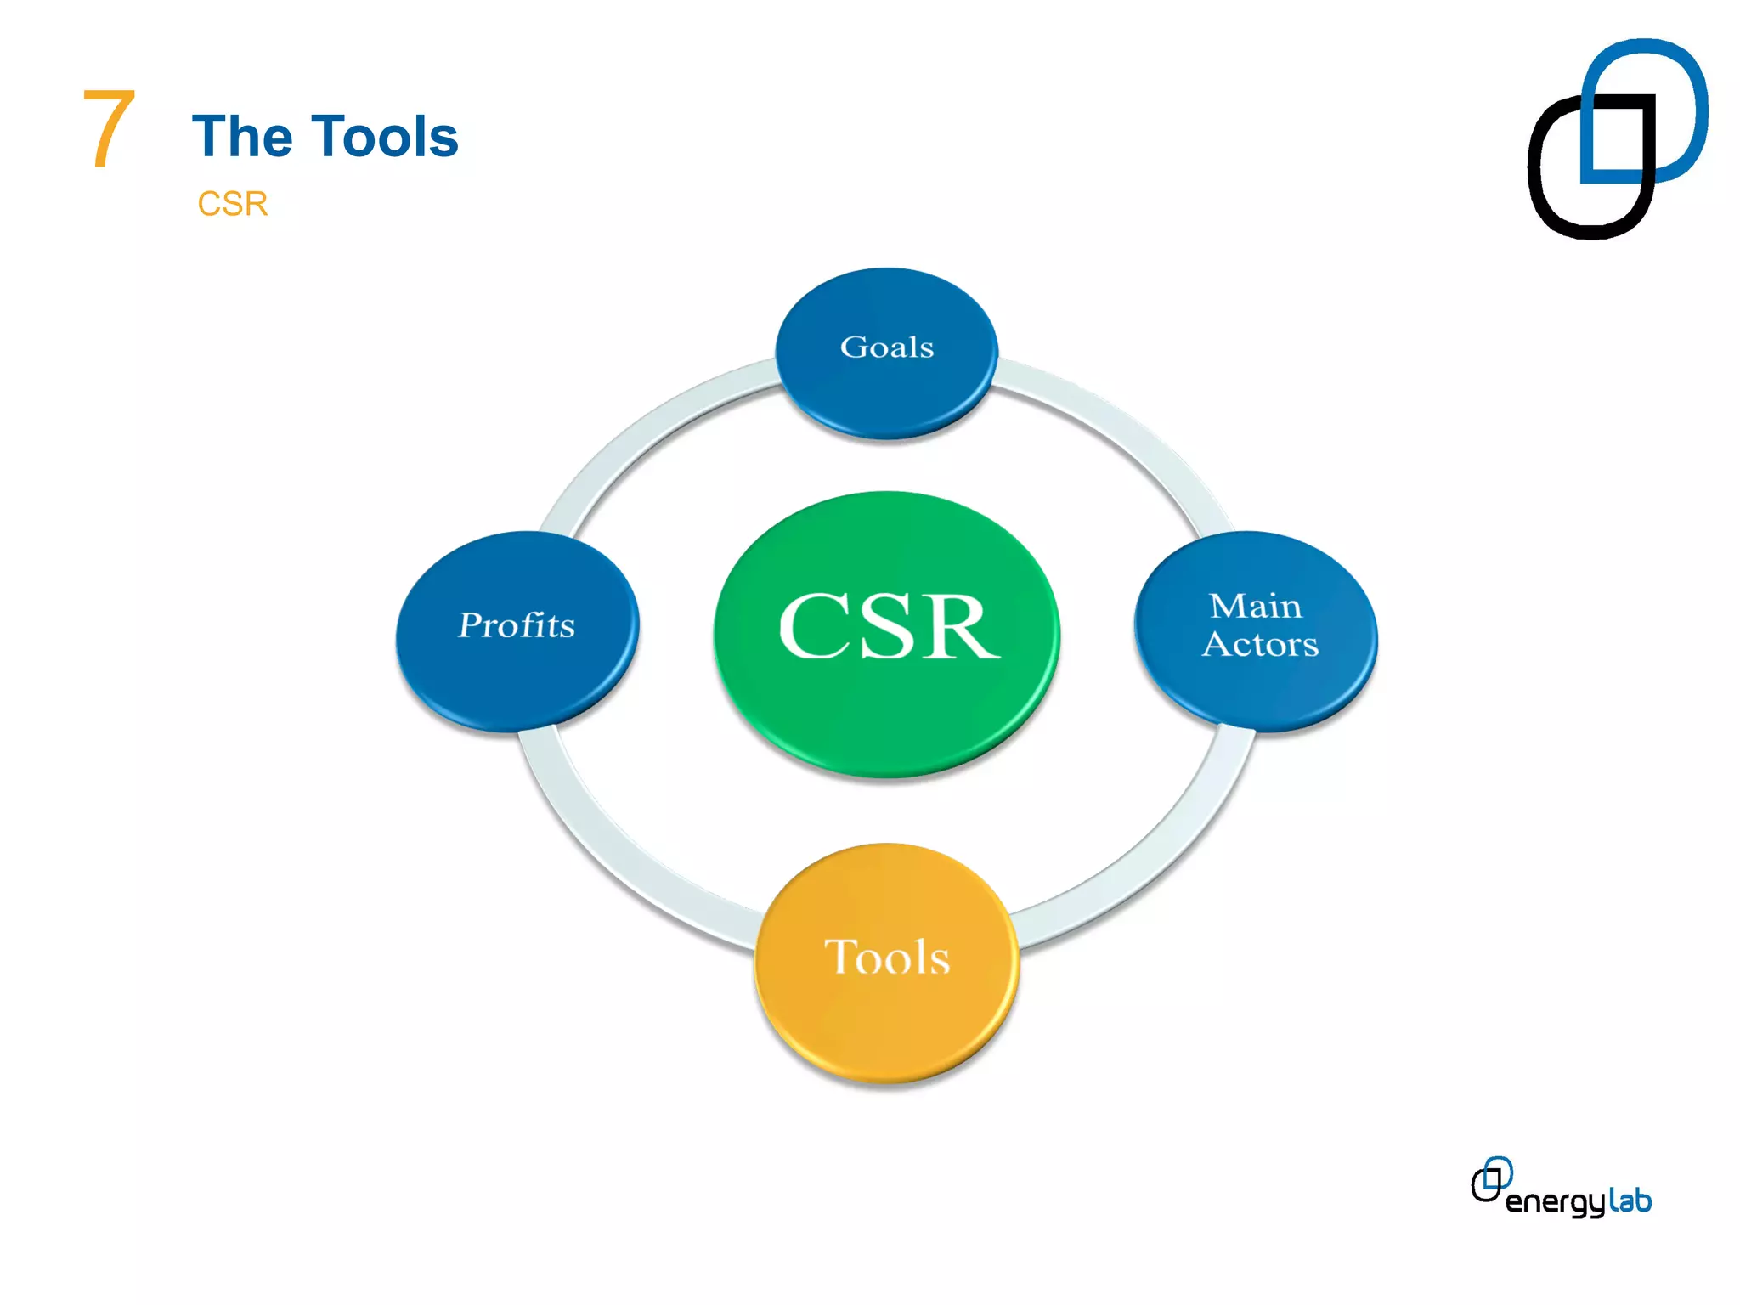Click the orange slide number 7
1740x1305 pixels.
109,129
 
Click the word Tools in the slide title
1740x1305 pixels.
386,137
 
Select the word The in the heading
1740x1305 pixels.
242,137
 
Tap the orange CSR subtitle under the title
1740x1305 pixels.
232,204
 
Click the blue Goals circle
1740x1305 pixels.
886,374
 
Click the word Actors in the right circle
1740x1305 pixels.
1260,644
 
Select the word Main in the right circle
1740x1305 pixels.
1255,606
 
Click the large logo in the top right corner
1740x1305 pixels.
1617,138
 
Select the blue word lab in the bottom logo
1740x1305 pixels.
1630,1200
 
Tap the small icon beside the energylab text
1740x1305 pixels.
1491,1179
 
